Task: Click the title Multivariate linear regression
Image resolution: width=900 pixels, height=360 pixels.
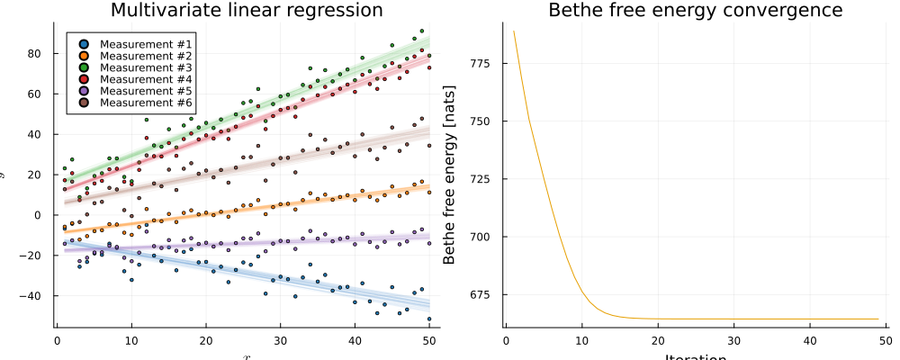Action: click(x=246, y=11)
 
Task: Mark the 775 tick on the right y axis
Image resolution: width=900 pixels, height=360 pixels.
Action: click(x=485, y=63)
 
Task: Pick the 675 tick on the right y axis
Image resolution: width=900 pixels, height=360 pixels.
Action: click(x=485, y=295)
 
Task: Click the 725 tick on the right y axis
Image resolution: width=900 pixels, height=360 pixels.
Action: click(x=485, y=179)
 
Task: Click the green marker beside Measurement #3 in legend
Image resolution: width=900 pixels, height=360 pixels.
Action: click(x=84, y=67)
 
